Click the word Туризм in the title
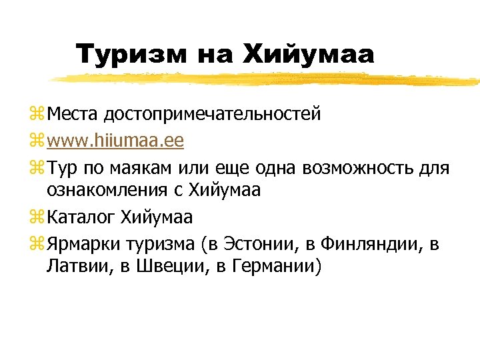coord(131,54)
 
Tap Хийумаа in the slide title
coord(308,54)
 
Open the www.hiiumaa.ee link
coord(115,141)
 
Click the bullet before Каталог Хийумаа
coord(35,218)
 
